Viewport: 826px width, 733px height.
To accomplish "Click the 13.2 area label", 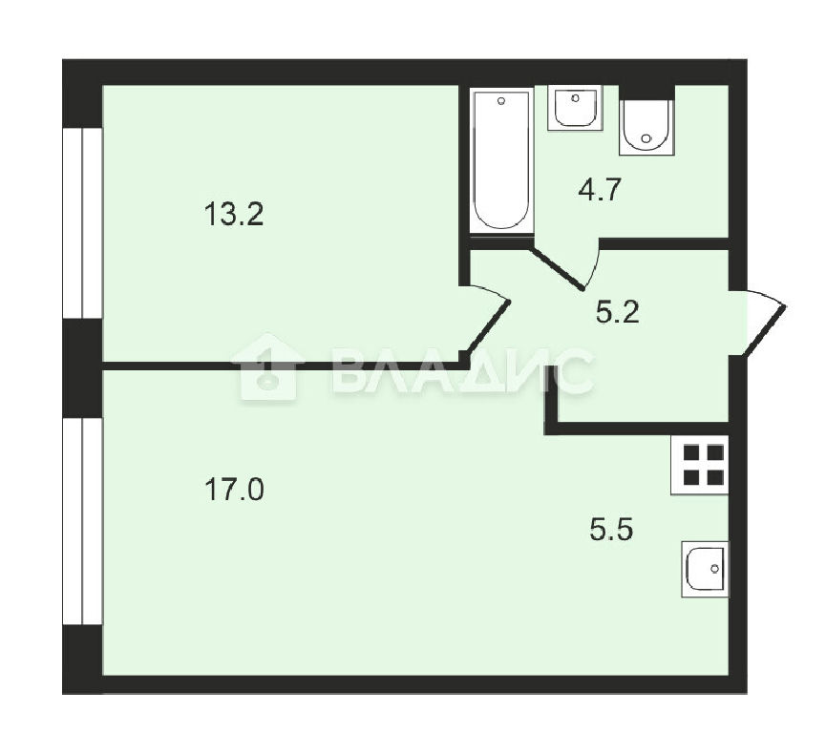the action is coord(233,215).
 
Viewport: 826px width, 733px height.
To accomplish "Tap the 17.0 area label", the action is coord(234,490).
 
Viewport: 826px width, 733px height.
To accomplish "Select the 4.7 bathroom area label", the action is coord(600,190).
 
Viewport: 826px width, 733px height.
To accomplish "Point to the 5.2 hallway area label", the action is coord(618,312).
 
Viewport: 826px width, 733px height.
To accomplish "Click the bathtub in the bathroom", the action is coord(501,160).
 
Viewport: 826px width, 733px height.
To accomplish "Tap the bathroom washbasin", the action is coord(574,107).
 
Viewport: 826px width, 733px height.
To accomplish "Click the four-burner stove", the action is coord(700,465).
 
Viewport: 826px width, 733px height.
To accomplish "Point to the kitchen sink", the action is coord(705,569).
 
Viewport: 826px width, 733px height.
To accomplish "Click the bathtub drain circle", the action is coord(501,100).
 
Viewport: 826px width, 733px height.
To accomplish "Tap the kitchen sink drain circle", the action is coord(714,569).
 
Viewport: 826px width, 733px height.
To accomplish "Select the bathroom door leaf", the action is coord(560,267).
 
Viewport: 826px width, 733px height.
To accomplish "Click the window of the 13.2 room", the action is coord(82,223).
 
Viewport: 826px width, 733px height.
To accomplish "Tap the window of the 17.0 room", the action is coord(82,521).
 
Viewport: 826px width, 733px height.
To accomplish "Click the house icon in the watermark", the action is coord(267,367).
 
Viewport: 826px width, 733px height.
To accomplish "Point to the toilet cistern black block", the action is coord(646,92).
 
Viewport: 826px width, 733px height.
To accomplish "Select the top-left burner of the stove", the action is coord(690,452).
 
